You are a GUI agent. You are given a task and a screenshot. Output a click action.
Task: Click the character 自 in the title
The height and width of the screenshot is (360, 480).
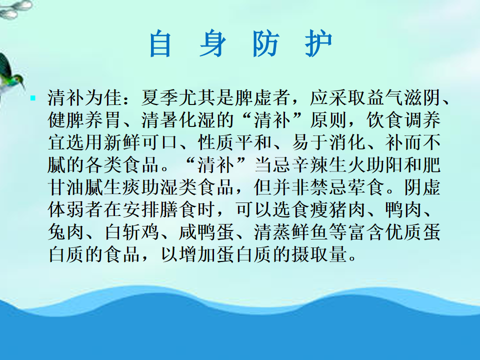[x=160, y=43]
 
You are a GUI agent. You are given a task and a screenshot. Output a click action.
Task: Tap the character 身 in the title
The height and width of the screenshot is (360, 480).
[x=212, y=43]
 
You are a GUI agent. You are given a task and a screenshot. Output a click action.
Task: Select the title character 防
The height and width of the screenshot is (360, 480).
[x=265, y=43]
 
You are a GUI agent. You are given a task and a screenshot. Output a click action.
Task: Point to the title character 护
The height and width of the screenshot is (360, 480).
[x=318, y=43]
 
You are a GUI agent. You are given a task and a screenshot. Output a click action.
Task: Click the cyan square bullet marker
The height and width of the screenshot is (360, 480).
[x=33, y=98]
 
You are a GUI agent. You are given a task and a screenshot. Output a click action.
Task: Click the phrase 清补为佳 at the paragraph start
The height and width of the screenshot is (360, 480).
[x=85, y=97]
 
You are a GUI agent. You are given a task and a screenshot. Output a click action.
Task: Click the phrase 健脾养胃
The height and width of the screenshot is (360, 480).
[x=85, y=120]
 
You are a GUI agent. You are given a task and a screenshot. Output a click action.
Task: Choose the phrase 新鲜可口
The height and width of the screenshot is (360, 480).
[x=141, y=142]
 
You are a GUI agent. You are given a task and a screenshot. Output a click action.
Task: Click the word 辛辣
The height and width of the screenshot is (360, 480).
[x=309, y=164]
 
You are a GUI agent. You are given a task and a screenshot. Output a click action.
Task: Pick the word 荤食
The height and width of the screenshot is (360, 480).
[x=365, y=187]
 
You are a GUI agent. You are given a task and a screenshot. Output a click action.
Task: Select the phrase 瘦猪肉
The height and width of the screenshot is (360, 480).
[x=337, y=209]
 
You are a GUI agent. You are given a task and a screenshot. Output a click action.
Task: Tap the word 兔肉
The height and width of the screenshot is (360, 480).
[x=66, y=232]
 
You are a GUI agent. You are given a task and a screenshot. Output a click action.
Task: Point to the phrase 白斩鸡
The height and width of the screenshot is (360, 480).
[x=131, y=232]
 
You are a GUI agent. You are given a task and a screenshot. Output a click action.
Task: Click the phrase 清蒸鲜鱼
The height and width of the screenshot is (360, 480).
[x=291, y=232]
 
